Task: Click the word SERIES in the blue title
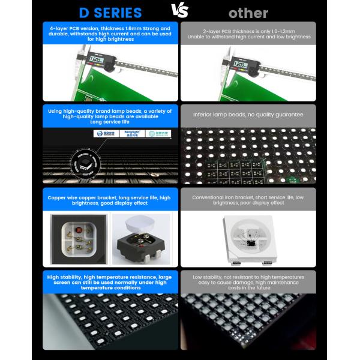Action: tap(119, 13)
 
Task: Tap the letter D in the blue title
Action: tap(85, 13)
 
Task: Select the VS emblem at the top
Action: tap(179, 10)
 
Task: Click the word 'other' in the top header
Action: tap(248, 13)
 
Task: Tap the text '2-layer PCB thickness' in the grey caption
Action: tap(222, 31)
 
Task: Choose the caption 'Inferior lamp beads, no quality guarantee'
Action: tap(248, 114)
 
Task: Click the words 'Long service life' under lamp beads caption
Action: tap(110, 122)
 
